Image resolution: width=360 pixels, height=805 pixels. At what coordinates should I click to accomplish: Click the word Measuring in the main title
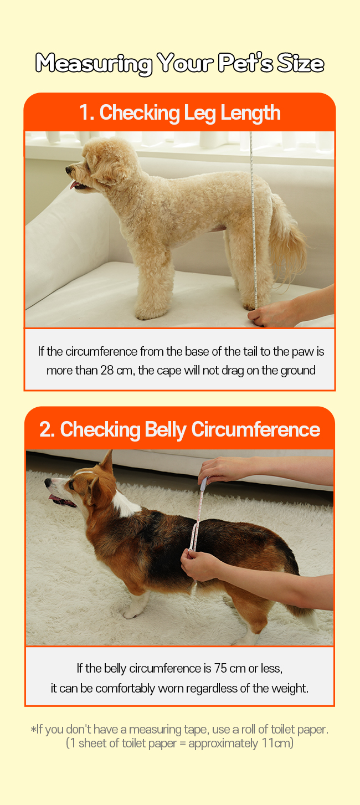[x=94, y=64]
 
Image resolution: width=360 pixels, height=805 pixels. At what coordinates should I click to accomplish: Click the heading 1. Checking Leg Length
[x=179, y=113]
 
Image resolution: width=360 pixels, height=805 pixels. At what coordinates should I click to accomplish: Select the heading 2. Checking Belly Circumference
[x=179, y=430]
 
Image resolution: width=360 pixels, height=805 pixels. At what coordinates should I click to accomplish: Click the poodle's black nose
[x=68, y=170]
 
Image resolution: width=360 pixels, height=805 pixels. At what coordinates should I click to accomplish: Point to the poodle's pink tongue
[x=74, y=185]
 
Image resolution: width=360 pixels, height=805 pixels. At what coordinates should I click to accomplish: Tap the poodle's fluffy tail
[x=287, y=241]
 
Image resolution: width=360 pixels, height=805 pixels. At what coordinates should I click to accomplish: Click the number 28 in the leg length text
[x=107, y=370]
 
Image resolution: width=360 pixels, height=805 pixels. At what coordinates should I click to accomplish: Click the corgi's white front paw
[x=130, y=612]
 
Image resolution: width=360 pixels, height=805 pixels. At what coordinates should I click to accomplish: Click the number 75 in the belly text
[x=220, y=669]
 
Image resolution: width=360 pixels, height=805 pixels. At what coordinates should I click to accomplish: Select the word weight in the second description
[x=290, y=689]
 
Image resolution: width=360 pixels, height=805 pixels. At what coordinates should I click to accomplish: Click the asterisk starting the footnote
[x=33, y=729]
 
